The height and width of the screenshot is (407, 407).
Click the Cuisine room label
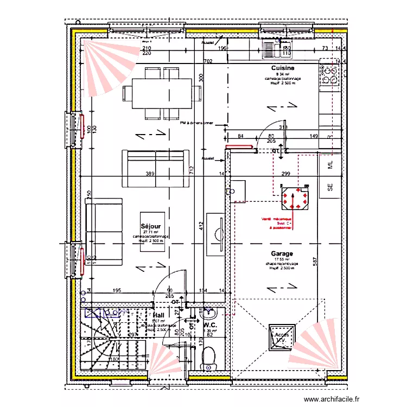pos(283,68)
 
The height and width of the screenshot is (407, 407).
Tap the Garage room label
pos(282,253)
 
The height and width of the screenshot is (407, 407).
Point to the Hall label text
pos(158,315)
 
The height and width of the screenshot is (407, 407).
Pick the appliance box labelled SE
pos(329,188)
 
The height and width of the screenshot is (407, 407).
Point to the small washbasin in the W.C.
pos(208,314)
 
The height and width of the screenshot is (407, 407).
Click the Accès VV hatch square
pos(282,338)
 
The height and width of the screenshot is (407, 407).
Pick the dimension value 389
pos(150,174)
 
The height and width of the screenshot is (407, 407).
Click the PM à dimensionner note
pos(196,123)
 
